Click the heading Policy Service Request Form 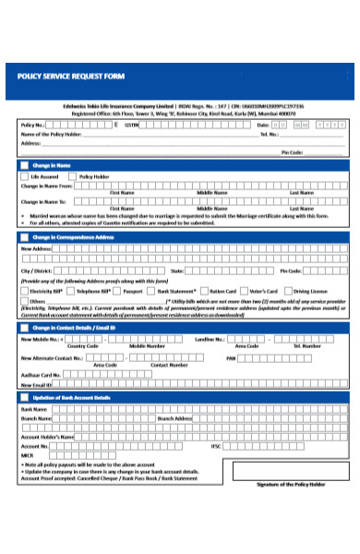[x=70, y=76]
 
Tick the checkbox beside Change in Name [x=24, y=165]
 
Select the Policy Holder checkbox [x=74, y=176]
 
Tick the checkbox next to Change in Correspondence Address [x=24, y=237]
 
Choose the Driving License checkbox [x=288, y=291]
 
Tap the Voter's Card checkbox [x=244, y=291]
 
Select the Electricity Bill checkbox [x=24, y=291]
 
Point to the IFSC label [x=215, y=446]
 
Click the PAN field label [x=231, y=356]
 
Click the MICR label [x=28, y=455]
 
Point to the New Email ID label [x=38, y=384]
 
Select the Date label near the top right [x=263, y=124]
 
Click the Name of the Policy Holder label [x=51, y=134]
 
